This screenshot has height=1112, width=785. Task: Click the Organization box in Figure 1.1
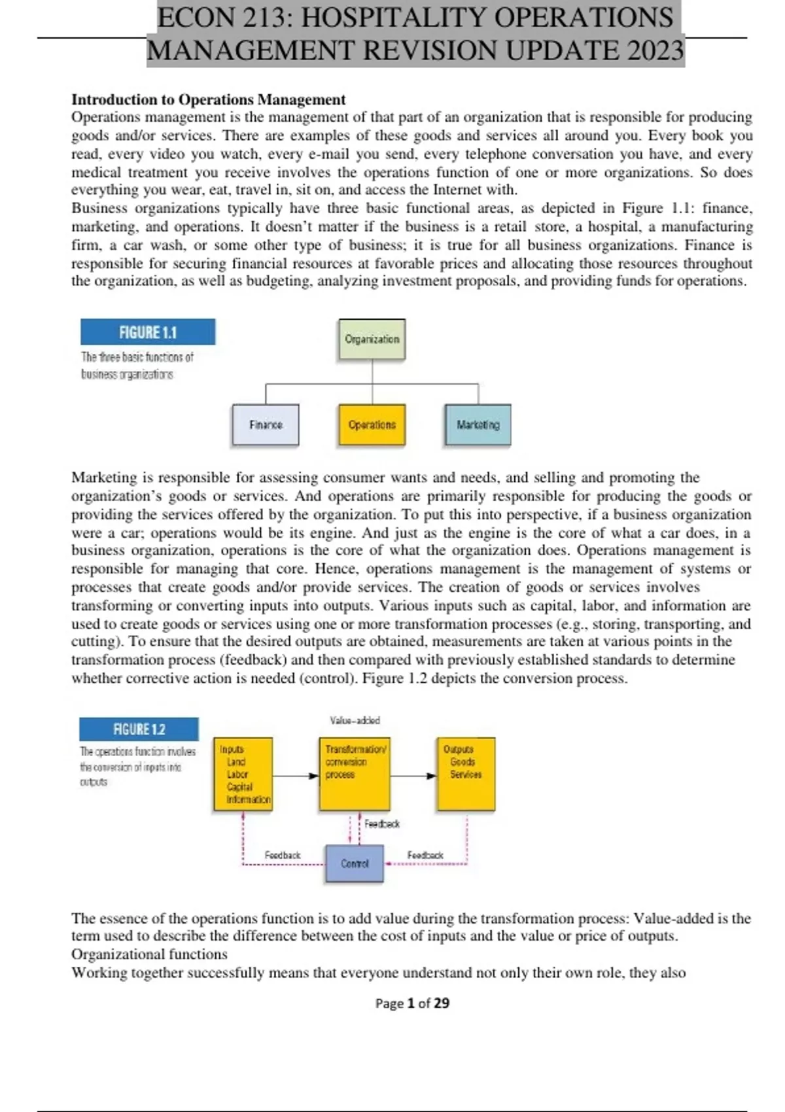pyautogui.click(x=372, y=339)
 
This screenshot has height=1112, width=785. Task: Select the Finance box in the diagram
pyautogui.click(x=266, y=425)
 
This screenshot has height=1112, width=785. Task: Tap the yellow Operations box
pyautogui.click(x=372, y=425)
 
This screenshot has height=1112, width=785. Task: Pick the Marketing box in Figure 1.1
pyautogui.click(x=478, y=425)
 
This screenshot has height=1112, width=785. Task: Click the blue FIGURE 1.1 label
pyautogui.click(x=148, y=332)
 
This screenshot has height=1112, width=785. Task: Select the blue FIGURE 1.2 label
pyautogui.click(x=139, y=729)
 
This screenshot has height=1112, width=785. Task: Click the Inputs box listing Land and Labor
pyautogui.click(x=243, y=774)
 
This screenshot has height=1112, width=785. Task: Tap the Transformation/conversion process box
pyautogui.click(x=355, y=774)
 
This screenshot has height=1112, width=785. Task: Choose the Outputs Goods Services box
pyautogui.click(x=466, y=774)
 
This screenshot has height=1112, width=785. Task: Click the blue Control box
pyautogui.click(x=354, y=864)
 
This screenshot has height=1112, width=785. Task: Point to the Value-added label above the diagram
pyautogui.click(x=355, y=720)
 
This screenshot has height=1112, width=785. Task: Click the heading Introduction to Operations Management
pyautogui.click(x=208, y=99)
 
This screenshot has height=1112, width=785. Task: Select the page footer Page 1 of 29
pyautogui.click(x=412, y=1003)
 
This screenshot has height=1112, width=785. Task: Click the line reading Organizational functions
pyautogui.click(x=149, y=954)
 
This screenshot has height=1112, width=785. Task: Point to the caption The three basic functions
pyautogui.click(x=137, y=357)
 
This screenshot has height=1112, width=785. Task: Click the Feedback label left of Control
pyautogui.click(x=282, y=855)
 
